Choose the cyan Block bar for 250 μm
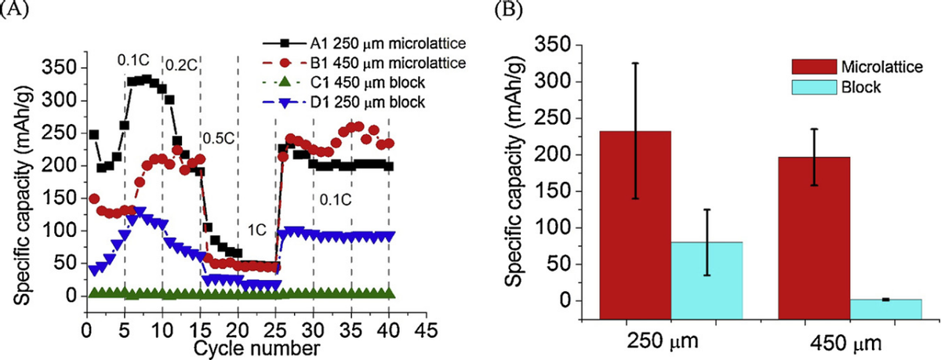tap(706, 280)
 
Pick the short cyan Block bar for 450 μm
tap(885, 309)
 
